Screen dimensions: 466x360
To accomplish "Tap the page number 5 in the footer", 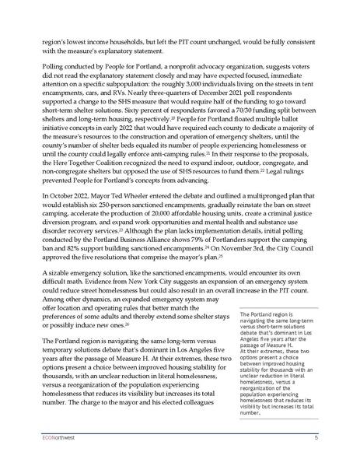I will click(316, 438).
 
